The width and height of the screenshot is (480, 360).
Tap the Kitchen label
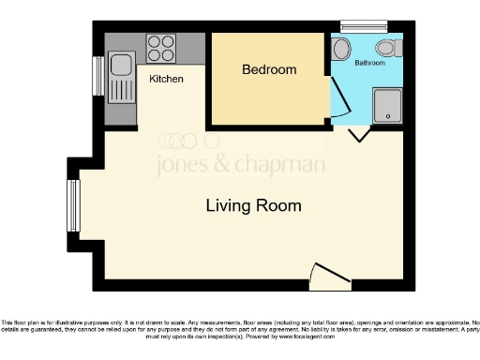pos(166,79)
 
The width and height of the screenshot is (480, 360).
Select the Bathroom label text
pos(368,63)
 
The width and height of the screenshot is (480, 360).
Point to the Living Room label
pos(253,205)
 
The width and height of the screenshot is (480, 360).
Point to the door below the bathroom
pos(357,138)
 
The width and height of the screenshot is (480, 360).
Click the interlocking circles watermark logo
pos(182,141)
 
